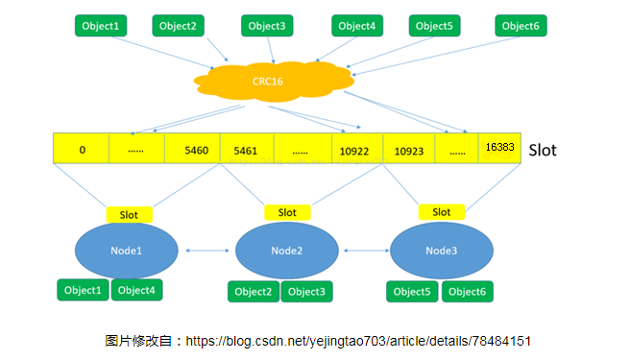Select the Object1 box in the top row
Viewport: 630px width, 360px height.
102,26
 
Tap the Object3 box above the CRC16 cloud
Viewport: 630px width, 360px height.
266,26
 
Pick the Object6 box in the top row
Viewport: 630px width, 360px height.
521,26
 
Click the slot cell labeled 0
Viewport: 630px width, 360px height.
82,150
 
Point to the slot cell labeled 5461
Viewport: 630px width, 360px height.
246,150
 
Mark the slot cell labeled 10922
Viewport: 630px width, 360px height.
355,150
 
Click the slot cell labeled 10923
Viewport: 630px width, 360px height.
409,150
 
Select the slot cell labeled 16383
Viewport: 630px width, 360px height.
499,149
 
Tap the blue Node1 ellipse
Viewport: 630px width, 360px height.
127,251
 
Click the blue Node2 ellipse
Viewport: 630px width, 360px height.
286,251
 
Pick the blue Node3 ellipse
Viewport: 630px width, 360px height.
442,251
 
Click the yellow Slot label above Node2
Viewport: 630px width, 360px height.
287,212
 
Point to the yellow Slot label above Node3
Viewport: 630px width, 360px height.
442,212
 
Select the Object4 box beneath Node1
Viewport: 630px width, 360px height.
135,290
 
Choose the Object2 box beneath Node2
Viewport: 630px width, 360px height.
254,292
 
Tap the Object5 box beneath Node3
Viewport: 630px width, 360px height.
413,292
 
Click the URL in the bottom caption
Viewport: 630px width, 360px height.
358,341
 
